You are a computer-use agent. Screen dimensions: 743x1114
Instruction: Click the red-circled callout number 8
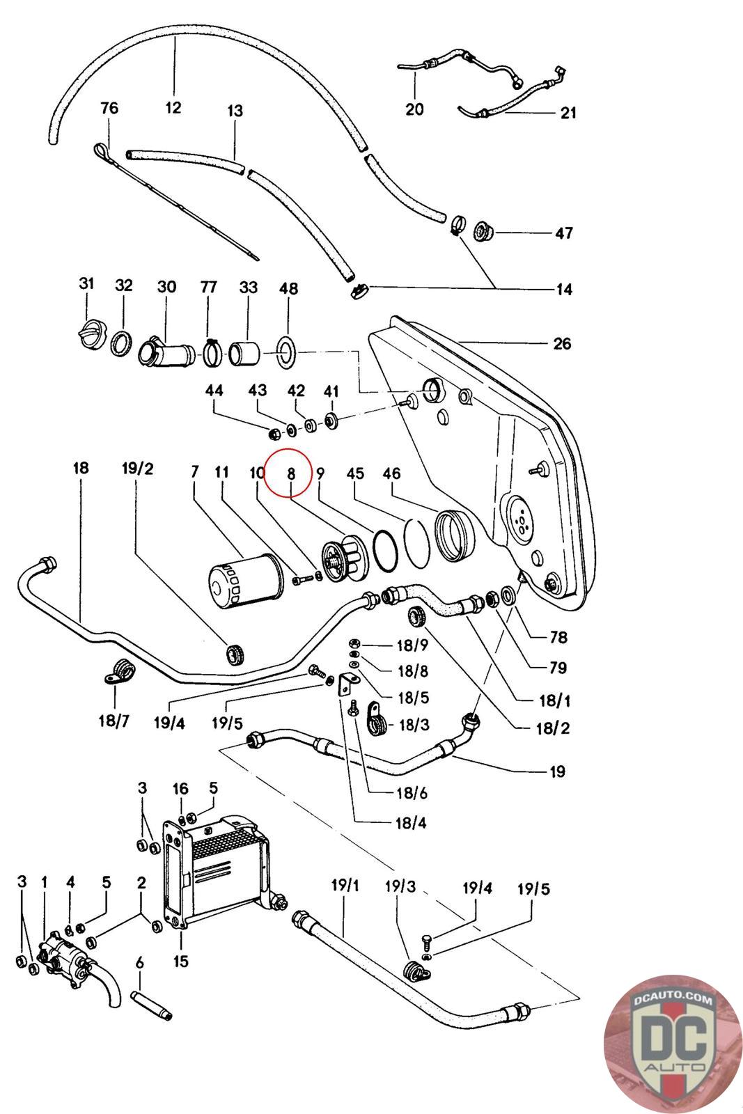292,473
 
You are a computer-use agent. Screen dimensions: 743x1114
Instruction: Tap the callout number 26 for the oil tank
562,343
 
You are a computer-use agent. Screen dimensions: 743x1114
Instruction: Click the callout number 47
563,233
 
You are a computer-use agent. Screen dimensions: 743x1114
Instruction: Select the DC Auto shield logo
673,1044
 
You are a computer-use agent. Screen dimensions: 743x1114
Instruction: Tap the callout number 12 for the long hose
173,107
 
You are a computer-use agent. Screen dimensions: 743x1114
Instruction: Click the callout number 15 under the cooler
180,960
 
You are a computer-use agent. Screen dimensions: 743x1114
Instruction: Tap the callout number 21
568,113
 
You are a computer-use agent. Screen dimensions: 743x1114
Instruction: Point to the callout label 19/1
345,885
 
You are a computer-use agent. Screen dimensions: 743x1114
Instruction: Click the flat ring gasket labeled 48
286,352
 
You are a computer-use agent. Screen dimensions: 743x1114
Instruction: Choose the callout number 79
558,667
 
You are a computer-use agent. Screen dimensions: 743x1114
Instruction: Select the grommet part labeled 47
483,230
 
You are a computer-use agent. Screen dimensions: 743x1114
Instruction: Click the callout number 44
214,390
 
